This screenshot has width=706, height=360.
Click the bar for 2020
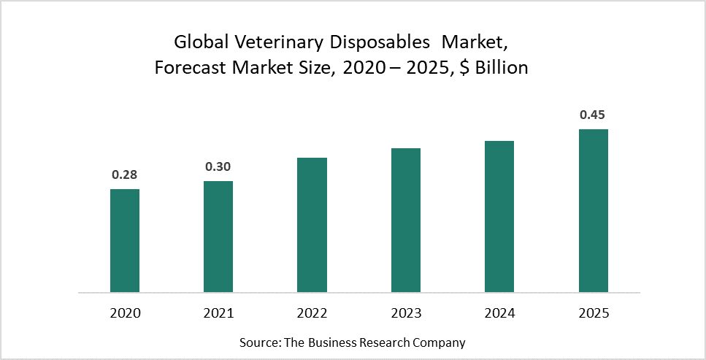(125, 240)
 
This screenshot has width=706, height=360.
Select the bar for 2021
(218, 237)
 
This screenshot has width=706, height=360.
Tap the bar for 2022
(312, 225)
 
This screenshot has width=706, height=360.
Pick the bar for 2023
(406, 220)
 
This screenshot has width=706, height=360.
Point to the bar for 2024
(499, 216)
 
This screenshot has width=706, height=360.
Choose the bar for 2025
(593, 210)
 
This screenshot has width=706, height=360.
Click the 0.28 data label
(125, 175)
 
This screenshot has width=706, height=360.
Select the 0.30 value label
(218, 166)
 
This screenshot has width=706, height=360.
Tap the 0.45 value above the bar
(593, 115)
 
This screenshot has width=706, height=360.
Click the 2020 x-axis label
(125, 313)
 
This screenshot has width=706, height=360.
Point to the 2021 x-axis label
(218, 313)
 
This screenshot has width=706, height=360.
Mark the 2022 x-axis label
(312, 313)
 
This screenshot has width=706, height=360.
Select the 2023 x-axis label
(406, 313)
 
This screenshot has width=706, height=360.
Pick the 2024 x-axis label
(499, 313)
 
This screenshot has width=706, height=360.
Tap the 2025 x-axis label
(593, 313)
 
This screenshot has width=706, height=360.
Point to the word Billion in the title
(502, 69)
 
